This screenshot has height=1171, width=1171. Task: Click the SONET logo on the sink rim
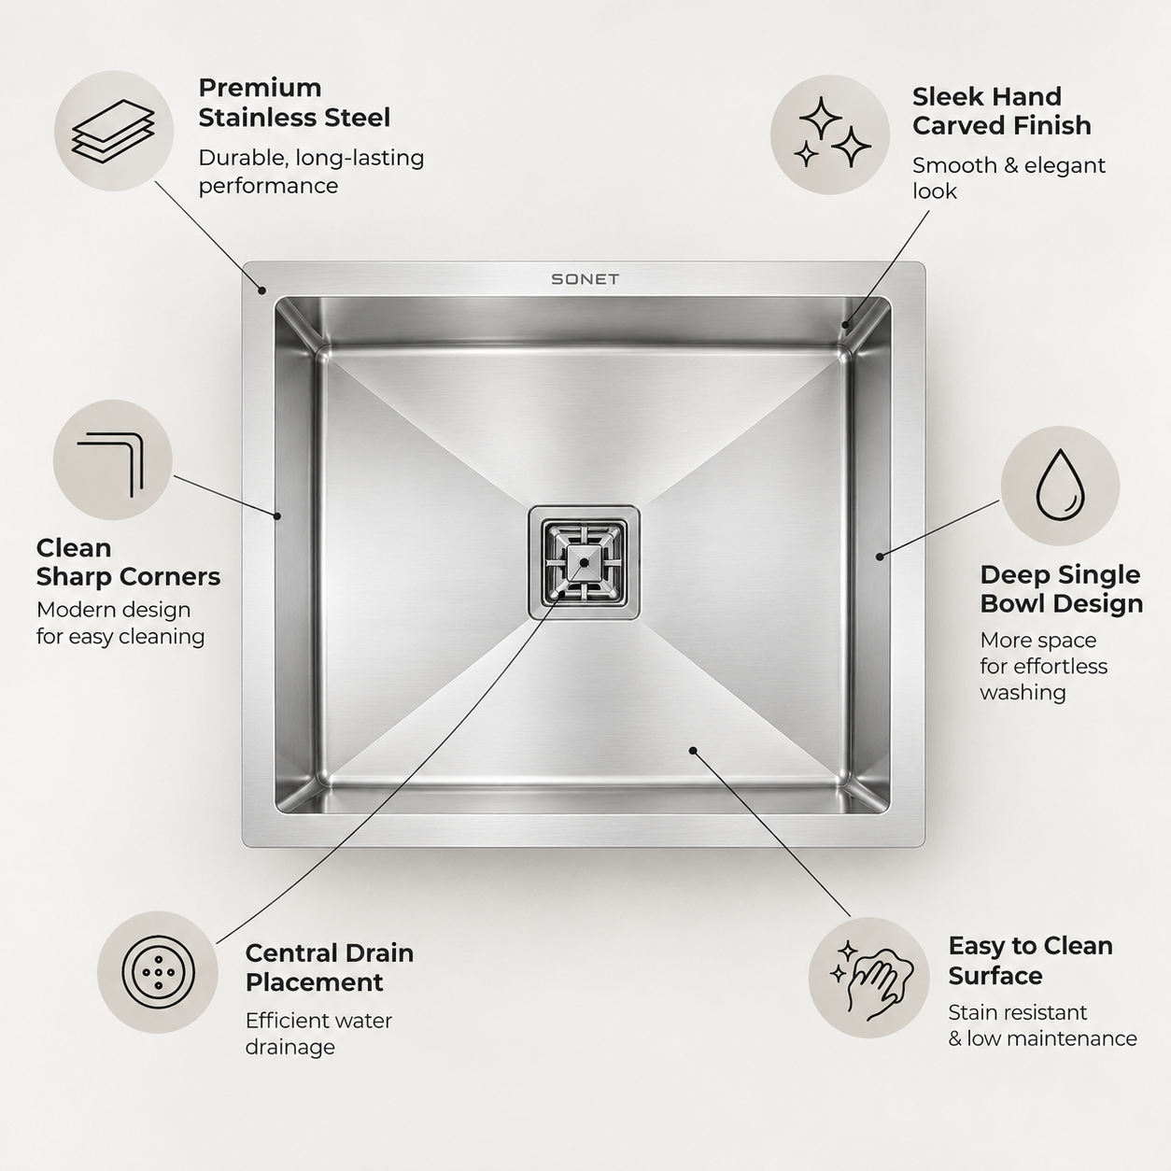click(585, 279)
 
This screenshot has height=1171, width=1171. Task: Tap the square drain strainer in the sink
click(584, 563)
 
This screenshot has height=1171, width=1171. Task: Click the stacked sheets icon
click(113, 131)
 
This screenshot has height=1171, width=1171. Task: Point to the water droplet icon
click(1061, 485)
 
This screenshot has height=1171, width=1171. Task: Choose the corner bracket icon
click(110, 464)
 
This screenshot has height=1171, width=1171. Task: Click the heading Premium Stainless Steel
click(294, 103)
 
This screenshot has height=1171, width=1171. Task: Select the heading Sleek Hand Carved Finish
click(1001, 110)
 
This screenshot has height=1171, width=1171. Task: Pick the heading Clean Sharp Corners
click(128, 562)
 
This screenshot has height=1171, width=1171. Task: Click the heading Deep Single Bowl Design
click(1062, 589)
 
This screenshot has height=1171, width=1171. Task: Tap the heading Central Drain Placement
click(330, 967)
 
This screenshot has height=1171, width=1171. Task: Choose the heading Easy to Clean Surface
click(1031, 961)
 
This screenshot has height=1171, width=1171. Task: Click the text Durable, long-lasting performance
click(311, 172)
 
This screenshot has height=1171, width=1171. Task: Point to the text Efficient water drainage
click(318, 1034)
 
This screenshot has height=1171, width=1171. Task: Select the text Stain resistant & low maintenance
click(1042, 1025)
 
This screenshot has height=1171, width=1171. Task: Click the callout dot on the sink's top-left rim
click(261, 290)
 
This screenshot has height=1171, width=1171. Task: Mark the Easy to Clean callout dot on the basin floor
click(693, 751)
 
